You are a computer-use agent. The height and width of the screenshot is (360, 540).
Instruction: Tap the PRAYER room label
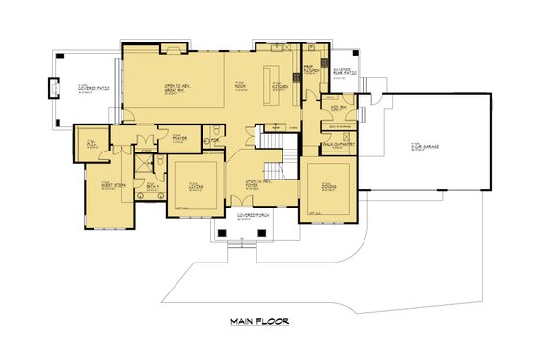coord(178,139)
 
